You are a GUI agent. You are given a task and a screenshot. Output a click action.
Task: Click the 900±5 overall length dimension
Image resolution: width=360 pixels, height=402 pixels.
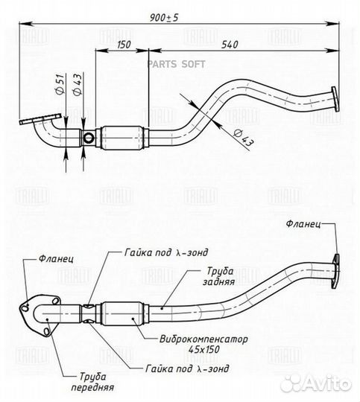pyautogui.click(x=164, y=17)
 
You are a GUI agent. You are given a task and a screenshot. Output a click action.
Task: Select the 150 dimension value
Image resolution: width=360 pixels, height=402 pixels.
pyautogui.click(x=124, y=45)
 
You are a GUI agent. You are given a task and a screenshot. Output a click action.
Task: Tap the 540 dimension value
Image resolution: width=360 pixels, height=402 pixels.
pyautogui.click(x=230, y=45)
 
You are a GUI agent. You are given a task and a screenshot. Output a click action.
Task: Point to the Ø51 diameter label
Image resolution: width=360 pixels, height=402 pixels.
pyautogui.click(x=60, y=84)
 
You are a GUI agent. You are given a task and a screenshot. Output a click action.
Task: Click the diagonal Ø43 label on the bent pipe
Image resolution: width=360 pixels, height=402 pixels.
pyautogui.click(x=242, y=138)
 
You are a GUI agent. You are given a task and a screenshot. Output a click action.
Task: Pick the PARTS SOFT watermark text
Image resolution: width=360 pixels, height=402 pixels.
pyautogui.click(x=176, y=64)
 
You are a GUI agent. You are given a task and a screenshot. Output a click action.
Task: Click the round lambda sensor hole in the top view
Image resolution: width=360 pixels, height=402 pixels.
pyautogui.click(x=89, y=138)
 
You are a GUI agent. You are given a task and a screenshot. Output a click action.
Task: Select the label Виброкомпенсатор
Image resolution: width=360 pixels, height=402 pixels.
pyautogui.click(x=203, y=339)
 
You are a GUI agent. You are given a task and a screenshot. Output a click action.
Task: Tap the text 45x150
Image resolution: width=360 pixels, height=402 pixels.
pyautogui.click(x=203, y=349)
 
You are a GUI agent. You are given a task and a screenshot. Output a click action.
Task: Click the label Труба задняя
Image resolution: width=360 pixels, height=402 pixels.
pyautogui.click(x=219, y=276)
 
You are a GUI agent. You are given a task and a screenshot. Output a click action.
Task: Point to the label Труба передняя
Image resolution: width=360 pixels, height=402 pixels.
pyautogui.click(x=92, y=382)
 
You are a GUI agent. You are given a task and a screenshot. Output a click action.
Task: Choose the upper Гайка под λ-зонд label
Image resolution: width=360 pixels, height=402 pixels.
pyautogui.click(x=166, y=252)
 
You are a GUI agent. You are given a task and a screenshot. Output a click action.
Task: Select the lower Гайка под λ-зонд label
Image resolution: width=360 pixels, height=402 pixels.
pyautogui.click(x=187, y=368)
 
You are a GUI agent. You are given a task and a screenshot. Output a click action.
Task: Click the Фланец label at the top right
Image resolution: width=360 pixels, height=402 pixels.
pyautogui.click(x=303, y=224)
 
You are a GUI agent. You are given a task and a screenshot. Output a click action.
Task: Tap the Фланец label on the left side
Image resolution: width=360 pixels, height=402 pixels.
pyautogui.click(x=56, y=258)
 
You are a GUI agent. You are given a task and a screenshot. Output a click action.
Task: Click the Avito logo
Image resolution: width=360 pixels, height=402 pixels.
pyautogui.click(x=316, y=383)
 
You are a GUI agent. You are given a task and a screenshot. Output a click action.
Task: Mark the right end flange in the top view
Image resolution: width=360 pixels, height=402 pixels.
pyautogui.click(x=335, y=99)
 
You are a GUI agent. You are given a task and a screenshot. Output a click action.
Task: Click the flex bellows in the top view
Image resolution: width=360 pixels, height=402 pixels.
pyautogui.click(x=122, y=138)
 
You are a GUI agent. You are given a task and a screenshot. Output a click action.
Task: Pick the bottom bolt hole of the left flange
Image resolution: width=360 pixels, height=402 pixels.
pyautogui.click(x=47, y=331)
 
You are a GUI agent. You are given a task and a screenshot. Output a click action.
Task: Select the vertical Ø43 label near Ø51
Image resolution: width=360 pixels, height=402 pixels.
pyautogui.click(x=77, y=84)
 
